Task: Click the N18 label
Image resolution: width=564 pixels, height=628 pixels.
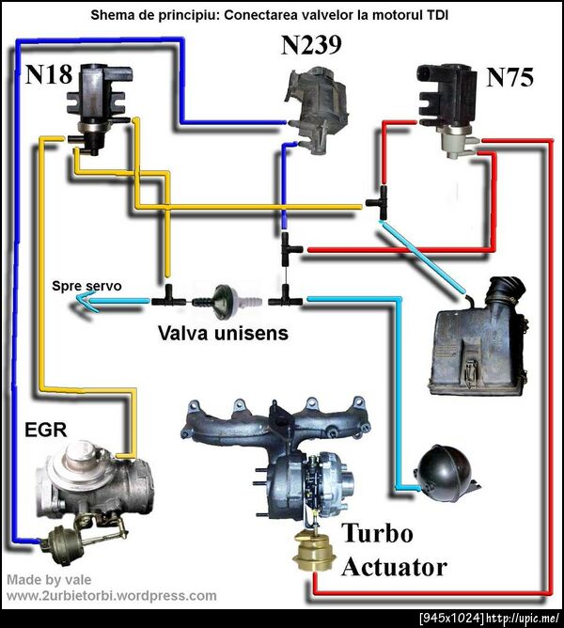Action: click(x=49, y=75)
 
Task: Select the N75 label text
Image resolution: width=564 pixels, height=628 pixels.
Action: click(x=509, y=77)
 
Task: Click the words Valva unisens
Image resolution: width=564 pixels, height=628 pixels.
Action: click(x=223, y=333)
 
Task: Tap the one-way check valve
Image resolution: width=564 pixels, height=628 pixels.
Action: click(x=226, y=300)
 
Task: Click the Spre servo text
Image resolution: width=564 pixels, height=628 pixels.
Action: click(x=86, y=285)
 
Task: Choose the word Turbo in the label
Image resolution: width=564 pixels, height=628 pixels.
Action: click(x=377, y=534)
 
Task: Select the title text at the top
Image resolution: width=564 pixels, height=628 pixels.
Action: click(x=281, y=15)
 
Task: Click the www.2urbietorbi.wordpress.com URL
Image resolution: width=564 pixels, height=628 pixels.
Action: click(x=112, y=595)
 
